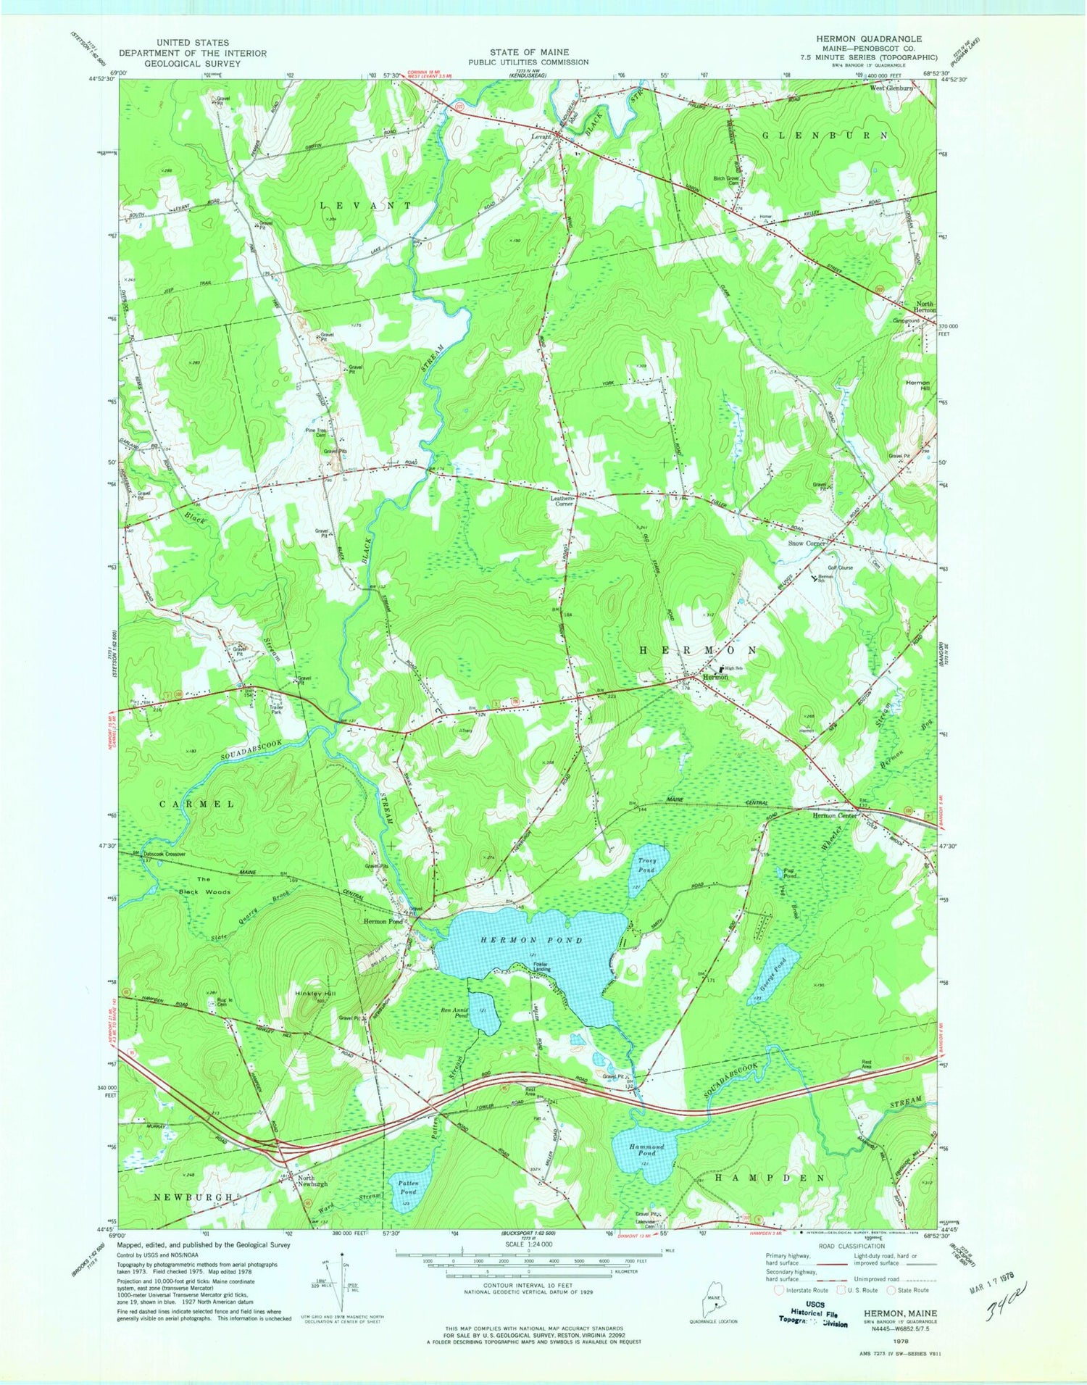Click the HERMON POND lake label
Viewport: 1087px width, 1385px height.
coord(530,940)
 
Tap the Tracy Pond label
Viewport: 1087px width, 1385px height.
coord(646,865)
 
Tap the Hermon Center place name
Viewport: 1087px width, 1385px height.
coord(834,815)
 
